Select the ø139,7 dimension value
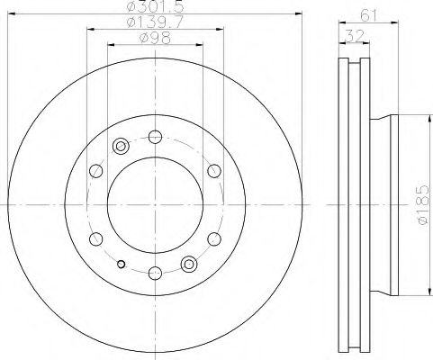tap(151, 24)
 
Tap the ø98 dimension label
tap(151, 39)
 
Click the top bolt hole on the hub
tap(155, 138)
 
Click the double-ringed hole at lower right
tap(189, 264)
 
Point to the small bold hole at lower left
tap(121, 264)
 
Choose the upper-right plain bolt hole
tap(214, 171)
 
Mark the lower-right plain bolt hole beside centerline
tap(214, 239)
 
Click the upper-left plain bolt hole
tap(95, 171)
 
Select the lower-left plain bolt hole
tap(95, 239)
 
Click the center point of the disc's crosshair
tap(155, 205)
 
